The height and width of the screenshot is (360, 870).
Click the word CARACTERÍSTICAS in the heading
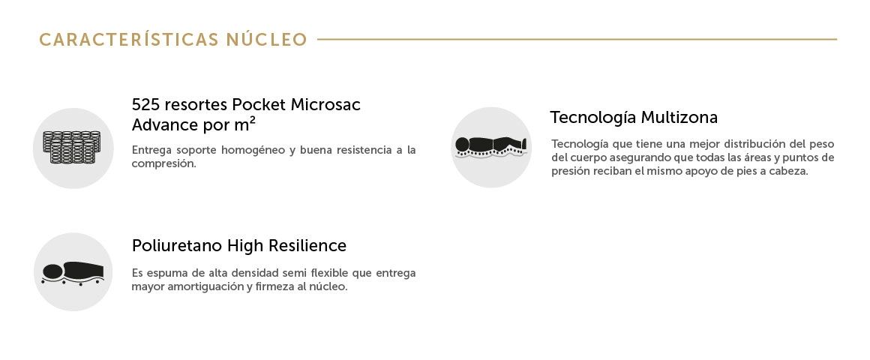tap(129, 40)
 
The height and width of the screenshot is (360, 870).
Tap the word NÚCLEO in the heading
tap(266, 40)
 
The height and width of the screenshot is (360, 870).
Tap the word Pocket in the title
tap(259, 104)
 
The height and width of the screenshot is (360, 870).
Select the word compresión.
tap(163, 165)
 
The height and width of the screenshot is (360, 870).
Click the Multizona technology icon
tap(491, 147)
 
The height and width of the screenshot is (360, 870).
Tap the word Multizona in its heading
tap(679, 118)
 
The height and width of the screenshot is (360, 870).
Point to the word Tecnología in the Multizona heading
tap(593, 118)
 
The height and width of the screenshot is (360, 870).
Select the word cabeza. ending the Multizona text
tap(789, 172)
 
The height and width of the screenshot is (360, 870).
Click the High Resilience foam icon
tap(73, 273)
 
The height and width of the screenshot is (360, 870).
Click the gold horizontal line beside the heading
tap(577, 40)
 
